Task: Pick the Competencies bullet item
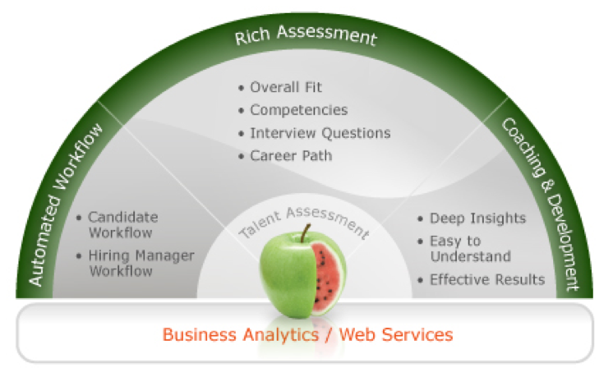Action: click(x=298, y=109)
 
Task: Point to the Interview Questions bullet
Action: click(x=320, y=132)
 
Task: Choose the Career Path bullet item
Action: click(x=291, y=154)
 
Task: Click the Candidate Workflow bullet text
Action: click(x=123, y=225)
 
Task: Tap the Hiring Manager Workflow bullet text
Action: click(x=141, y=263)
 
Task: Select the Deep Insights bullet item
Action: click(x=477, y=218)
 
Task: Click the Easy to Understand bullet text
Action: click(x=469, y=249)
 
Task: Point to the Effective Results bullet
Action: click(x=486, y=279)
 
